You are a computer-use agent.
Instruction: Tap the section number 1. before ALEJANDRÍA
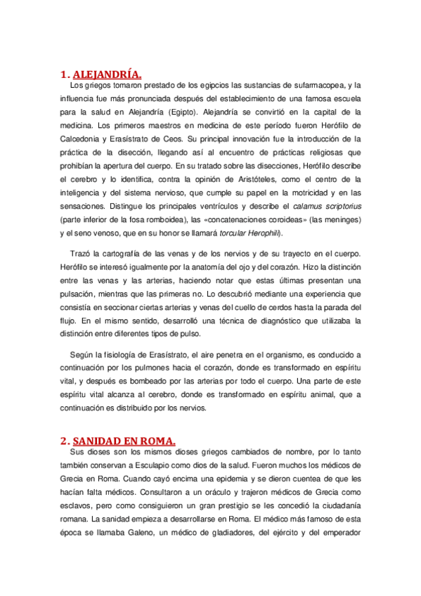(65, 74)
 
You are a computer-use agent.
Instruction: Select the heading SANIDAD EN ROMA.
(124, 441)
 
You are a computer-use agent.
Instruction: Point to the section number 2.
(65, 441)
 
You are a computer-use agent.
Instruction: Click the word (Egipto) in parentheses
(182, 112)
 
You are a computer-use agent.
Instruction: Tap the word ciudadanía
(332, 505)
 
